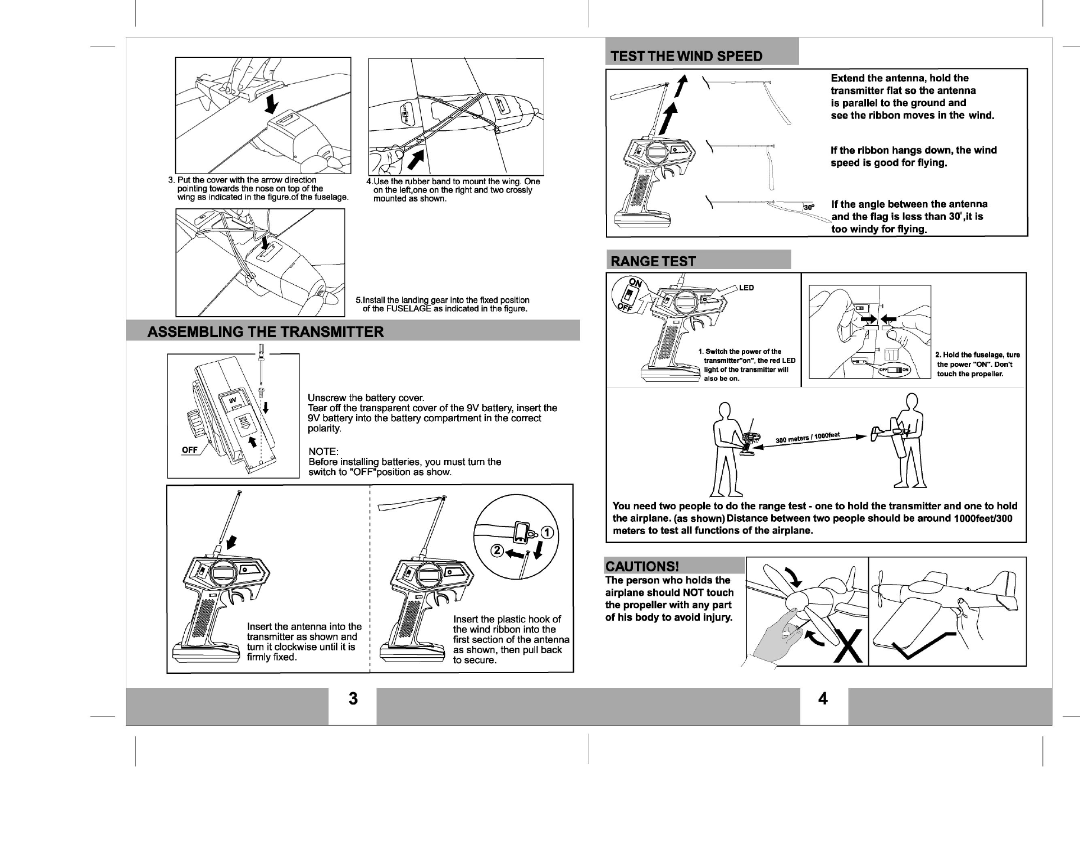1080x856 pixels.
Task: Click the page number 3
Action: click(353, 698)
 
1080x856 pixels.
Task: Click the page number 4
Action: click(823, 698)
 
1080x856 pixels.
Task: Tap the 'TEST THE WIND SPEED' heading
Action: click(686, 56)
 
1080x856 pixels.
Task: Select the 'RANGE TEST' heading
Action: click(653, 261)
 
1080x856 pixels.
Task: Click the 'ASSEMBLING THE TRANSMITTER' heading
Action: click(265, 331)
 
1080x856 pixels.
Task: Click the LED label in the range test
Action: click(746, 288)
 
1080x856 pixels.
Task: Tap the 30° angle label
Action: click(809, 207)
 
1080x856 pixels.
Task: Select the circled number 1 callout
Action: click(548, 534)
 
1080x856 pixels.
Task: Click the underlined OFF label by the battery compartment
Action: click(190, 449)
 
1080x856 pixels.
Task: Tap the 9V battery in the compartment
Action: click(233, 400)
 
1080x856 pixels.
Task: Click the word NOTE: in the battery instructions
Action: click(323, 452)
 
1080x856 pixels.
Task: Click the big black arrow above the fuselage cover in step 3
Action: click(272, 102)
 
